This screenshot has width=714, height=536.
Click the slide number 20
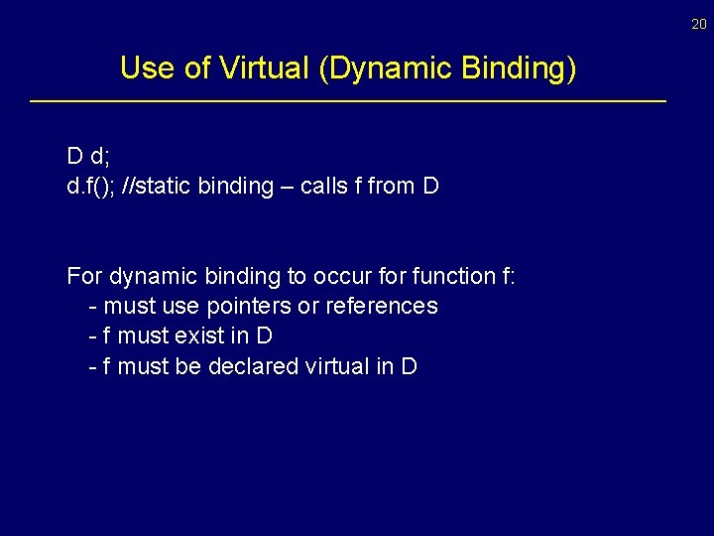[x=699, y=24]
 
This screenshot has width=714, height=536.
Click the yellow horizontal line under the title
[x=347, y=101]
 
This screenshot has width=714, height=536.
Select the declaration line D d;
[x=87, y=156]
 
